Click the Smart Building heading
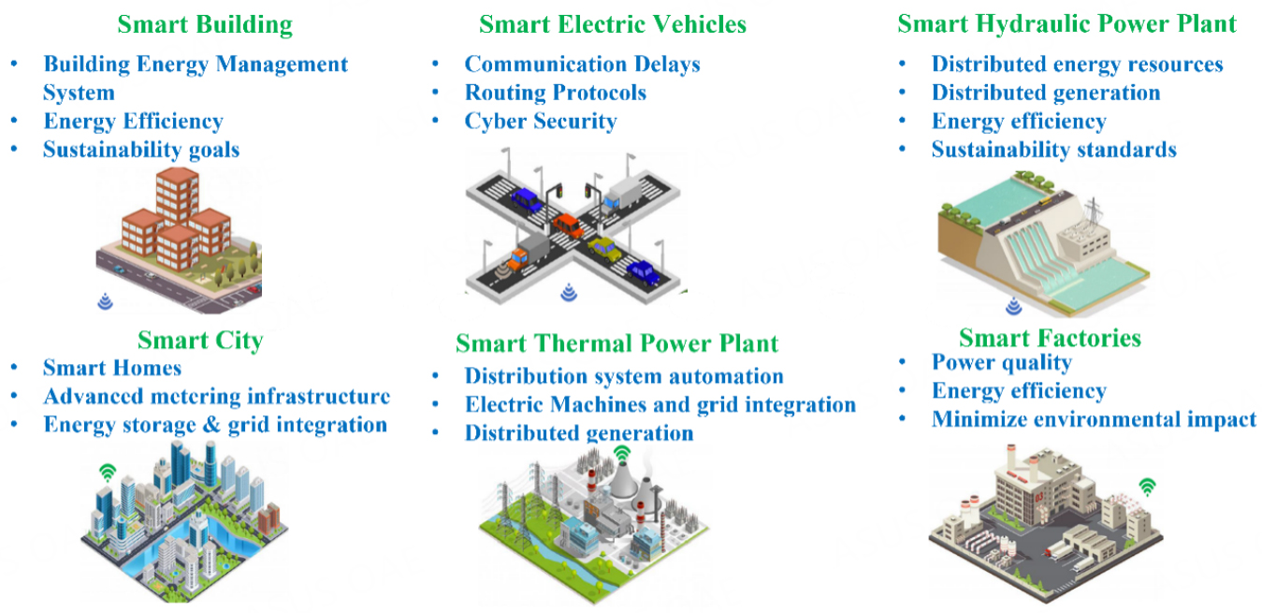tap(205, 24)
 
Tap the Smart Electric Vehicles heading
tap(613, 24)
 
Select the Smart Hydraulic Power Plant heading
tap(1066, 24)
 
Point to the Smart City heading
tap(200, 341)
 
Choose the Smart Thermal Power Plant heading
tap(616, 343)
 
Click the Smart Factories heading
tap(1051, 338)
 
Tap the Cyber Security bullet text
tap(541, 122)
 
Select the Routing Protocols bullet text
tap(555, 93)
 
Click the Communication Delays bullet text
tap(582, 65)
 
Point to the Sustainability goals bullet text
tap(141, 151)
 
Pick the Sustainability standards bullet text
tap(1054, 150)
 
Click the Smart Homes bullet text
tap(112, 368)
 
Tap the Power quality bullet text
tap(1002, 363)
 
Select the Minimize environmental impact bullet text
tap(1095, 420)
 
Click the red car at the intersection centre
tap(568, 226)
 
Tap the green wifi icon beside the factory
tap(1148, 487)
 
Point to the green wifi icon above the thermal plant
tap(621, 454)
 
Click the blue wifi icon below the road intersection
tap(569, 292)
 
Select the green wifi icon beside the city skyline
tap(108, 472)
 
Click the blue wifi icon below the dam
tap(1014, 306)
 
